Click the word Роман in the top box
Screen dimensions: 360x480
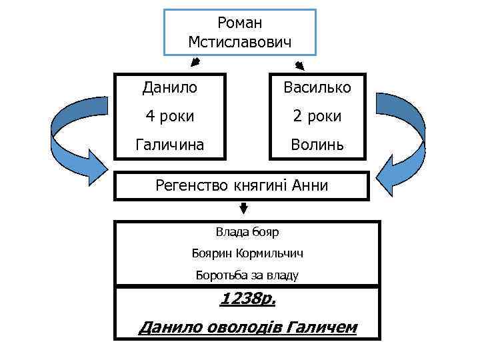(240, 24)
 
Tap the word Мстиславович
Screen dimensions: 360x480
(240, 43)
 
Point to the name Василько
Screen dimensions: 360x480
(317, 87)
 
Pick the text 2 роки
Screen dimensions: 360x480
(317, 116)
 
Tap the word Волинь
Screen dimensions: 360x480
(317, 144)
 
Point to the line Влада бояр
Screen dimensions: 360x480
(247, 232)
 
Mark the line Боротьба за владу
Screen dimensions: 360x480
(247, 275)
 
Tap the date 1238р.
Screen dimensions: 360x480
(247, 299)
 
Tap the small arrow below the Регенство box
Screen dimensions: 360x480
(244, 209)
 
